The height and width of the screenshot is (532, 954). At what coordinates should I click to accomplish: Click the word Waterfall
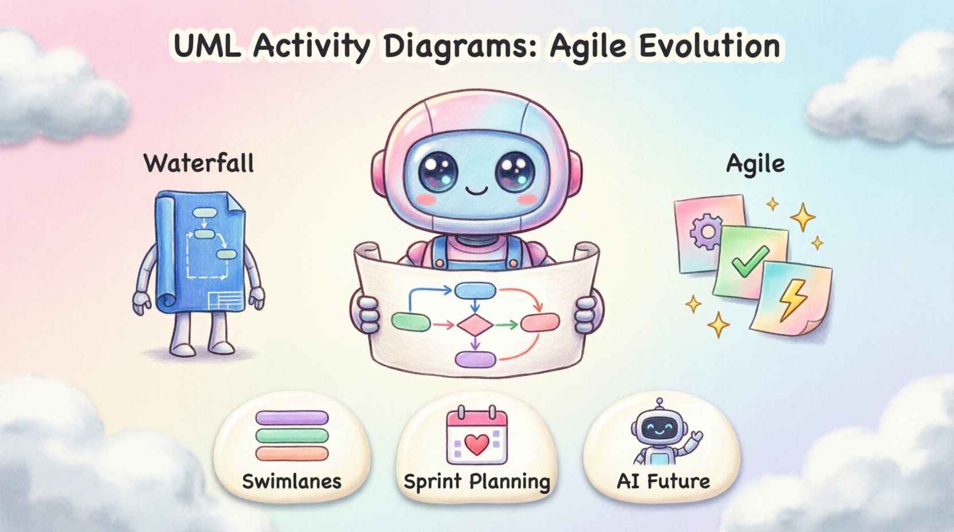click(198, 163)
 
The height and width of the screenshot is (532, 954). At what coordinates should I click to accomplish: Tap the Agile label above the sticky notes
click(755, 165)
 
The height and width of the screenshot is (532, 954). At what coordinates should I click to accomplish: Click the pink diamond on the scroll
click(475, 325)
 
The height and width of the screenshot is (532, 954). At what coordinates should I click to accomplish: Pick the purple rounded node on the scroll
click(475, 359)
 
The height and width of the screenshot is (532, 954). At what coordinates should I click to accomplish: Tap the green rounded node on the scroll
click(410, 322)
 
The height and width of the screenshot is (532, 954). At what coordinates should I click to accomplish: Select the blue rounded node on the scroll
click(475, 291)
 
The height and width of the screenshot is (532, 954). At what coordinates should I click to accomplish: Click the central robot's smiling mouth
click(476, 190)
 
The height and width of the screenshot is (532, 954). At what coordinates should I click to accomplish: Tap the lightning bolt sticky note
click(793, 298)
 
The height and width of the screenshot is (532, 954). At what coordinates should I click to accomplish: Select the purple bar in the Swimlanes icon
click(292, 417)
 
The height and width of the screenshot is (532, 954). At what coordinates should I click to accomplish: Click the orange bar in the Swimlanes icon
click(292, 454)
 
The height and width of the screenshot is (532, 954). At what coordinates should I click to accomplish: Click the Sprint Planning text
click(476, 482)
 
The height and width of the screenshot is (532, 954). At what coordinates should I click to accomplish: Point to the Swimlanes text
click(291, 482)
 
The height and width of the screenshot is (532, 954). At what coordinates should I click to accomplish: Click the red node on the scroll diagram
click(539, 323)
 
